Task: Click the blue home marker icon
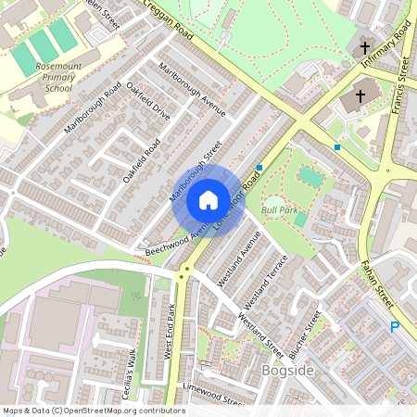click(x=208, y=200)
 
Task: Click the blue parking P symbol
click(x=394, y=327)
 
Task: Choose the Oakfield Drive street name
click(x=148, y=102)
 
